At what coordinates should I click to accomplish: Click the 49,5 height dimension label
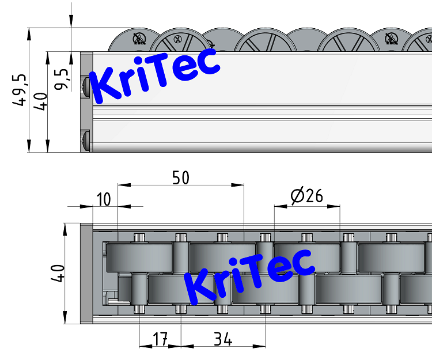point(20,89)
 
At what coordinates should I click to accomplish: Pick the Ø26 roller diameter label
point(307,197)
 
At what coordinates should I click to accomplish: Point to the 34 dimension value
point(222,339)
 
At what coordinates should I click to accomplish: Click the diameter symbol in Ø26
point(297,197)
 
